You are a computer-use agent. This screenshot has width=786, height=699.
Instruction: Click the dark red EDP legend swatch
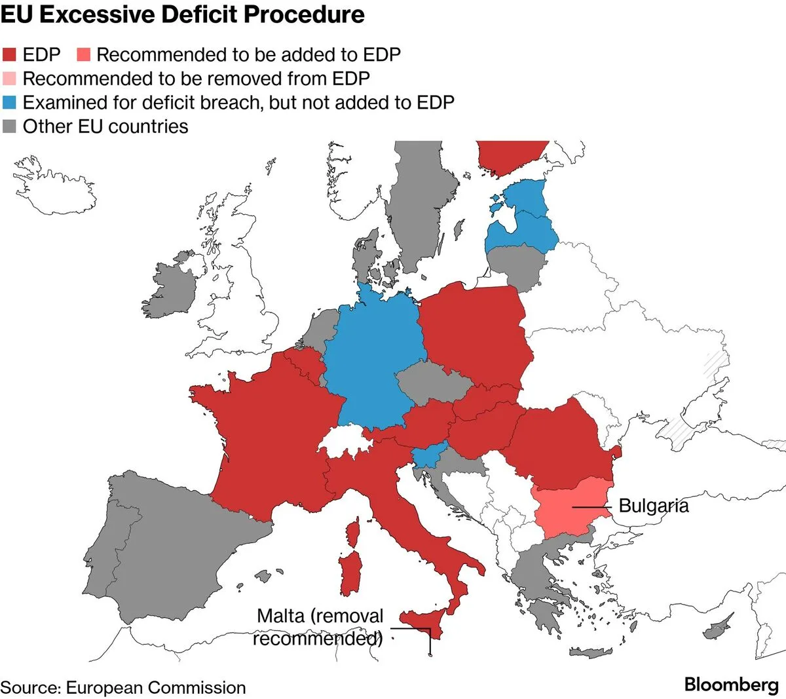point(9,55)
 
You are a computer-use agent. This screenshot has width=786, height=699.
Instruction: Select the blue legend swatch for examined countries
point(9,102)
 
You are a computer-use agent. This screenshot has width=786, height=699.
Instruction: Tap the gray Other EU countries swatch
point(9,126)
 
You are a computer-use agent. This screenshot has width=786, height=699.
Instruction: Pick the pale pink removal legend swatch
point(9,79)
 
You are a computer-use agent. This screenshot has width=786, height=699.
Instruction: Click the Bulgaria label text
point(654,506)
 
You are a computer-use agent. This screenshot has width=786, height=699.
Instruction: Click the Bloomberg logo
point(731,685)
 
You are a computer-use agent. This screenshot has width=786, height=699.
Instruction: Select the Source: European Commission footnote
point(123,687)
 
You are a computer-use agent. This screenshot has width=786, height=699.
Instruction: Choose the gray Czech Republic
point(432,383)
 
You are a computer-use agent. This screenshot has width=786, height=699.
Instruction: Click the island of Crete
point(590,652)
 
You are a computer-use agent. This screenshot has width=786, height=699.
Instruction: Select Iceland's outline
point(54,186)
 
